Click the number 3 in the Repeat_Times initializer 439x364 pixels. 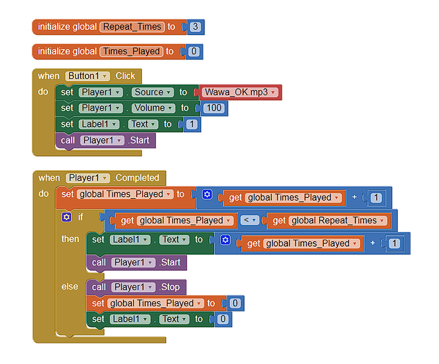195,27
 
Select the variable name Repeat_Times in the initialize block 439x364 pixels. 132,27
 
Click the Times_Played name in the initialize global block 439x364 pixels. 131,52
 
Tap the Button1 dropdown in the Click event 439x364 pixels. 87,76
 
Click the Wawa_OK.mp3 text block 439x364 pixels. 240,92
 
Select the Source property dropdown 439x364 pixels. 153,92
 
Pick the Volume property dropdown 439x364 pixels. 153,108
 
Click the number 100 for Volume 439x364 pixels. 214,108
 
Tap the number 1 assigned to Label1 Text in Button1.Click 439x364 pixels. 192,124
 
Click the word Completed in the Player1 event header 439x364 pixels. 137,178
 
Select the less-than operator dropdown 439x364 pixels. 250,220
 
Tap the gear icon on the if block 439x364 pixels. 67,217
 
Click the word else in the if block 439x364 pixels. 70,287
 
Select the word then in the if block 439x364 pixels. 70,239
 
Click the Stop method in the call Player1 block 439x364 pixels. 170,287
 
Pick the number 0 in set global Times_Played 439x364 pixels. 235,303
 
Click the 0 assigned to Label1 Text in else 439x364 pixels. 223,319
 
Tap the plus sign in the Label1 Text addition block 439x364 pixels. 373,243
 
